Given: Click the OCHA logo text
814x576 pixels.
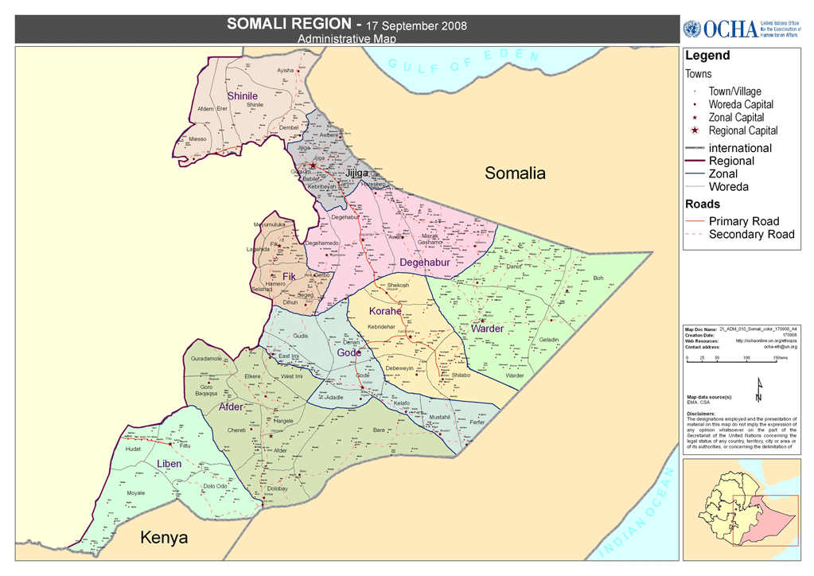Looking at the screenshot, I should [x=730, y=29].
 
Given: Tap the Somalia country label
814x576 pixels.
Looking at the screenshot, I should [x=515, y=173].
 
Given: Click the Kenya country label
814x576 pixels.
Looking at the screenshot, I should [x=164, y=538].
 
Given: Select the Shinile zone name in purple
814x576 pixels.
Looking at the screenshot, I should [x=243, y=96].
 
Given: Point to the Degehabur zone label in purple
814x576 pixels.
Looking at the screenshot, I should [x=425, y=263].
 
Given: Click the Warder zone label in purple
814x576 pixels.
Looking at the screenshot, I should [x=487, y=329].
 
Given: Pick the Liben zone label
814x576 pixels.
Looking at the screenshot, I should [x=169, y=464].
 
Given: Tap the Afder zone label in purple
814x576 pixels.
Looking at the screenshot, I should [x=231, y=407].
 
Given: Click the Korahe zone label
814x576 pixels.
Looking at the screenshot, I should [x=384, y=311].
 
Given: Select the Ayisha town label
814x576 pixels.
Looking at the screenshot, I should [x=285, y=71].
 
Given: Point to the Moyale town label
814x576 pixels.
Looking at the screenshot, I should [x=136, y=493].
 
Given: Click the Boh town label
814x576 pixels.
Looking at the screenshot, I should [x=598, y=278].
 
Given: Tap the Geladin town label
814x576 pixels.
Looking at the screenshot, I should [x=549, y=341].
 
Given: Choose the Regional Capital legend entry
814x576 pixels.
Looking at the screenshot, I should [x=742, y=130].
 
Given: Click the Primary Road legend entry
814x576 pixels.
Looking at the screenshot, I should [x=743, y=221].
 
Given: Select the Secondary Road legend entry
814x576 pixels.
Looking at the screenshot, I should [x=750, y=234].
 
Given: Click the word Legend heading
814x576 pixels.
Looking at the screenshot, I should [x=707, y=56].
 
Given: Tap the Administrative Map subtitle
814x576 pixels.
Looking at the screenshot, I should [x=345, y=38].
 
